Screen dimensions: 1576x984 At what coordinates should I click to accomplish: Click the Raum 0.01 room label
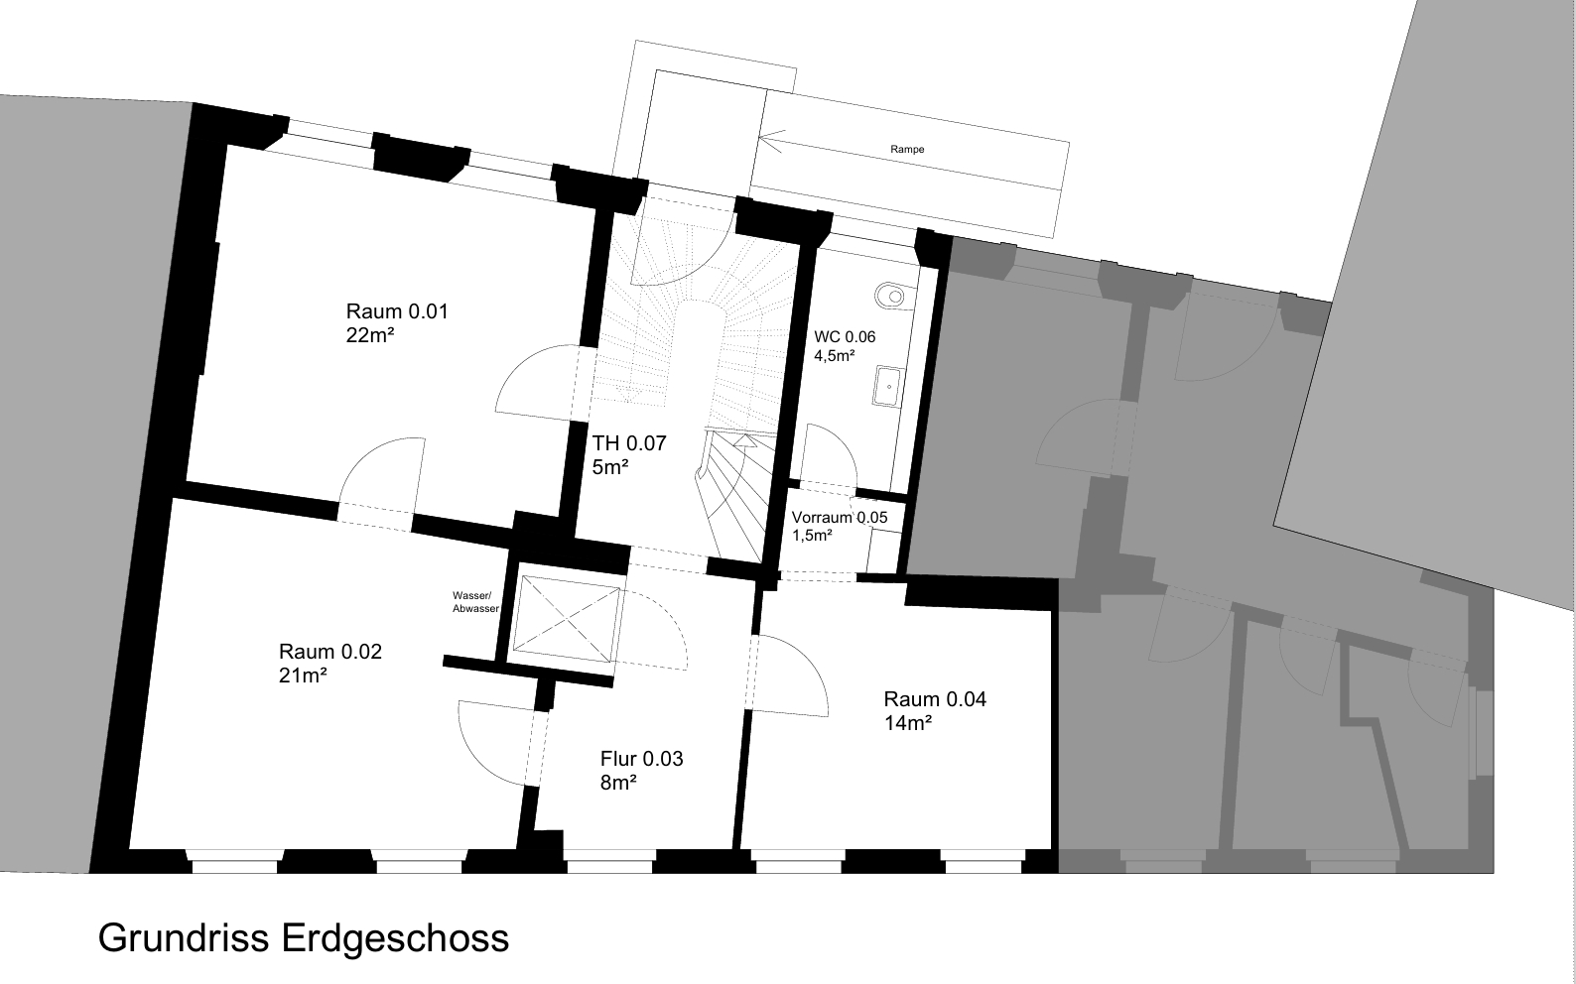pyautogui.click(x=397, y=310)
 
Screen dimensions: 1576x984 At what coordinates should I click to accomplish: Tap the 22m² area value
pyautogui.click(x=369, y=335)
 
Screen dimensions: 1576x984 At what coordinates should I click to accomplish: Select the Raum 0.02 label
pyautogui.click(x=329, y=652)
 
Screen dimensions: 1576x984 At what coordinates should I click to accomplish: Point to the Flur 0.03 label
pyautogui.click(x=642, y=759)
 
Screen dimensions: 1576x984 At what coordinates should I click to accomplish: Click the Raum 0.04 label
pyautogui.click(x=935, y=699)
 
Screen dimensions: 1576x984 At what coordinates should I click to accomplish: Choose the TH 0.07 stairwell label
pyautogui.click(x=629, y=443)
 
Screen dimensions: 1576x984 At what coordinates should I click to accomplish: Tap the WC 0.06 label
pyautogui.click(x=845, y=337)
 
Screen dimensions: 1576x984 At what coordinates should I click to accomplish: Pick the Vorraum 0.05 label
pyautogui.click(x=840, y=518)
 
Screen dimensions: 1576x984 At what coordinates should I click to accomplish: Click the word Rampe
pyautogui.click(x=907, y=149)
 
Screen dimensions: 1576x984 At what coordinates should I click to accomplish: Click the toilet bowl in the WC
pyautogui.click(x=890, y=297)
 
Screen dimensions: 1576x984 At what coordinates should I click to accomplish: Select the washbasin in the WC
pyautogui.click(x=888, y=386)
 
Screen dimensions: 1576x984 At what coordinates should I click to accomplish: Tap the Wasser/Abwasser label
pyautogui.click(x=475, y=602)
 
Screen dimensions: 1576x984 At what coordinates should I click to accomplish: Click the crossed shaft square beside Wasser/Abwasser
pyautogui.click(x=567, y=618)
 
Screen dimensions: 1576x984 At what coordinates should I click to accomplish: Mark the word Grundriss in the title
pyautogui.click(x=184, y=937)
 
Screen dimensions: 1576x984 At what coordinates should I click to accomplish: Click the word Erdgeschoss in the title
pyautogui.click(x=395, y=939)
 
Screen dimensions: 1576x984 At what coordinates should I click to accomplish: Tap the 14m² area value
pyautogui.click(x=908, y=723)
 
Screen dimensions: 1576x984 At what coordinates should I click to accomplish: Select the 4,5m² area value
pyautogui.click(x=835, y=356)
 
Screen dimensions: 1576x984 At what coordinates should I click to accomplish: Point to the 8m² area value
pyautogui.click(x=618, y=782)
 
